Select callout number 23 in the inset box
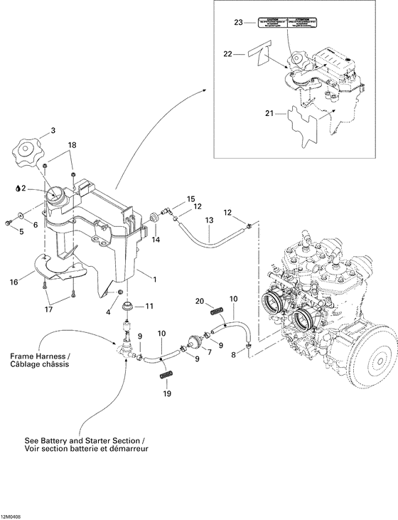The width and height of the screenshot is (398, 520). (x=239, y=23)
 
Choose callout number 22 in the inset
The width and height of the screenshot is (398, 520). (x=227, y=54)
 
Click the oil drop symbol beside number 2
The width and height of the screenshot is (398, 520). (x=16, y=189)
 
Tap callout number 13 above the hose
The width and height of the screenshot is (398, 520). (x=209, y=221)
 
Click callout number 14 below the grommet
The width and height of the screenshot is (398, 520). (x=155, y=240)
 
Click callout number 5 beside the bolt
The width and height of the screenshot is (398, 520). (x=21, y=231)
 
